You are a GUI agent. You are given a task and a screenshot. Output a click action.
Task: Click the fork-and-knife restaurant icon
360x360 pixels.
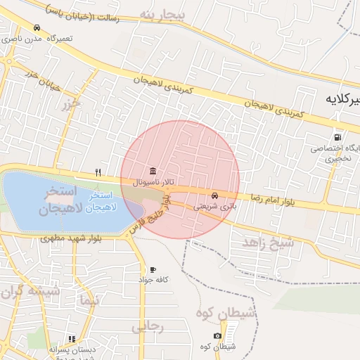[98, 172]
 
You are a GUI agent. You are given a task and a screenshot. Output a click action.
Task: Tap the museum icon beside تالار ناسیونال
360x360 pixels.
[153, 172]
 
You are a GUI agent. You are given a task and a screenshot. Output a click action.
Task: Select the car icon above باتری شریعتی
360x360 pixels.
[214, 195]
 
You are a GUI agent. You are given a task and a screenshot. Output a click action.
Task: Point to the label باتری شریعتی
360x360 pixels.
[214, 207]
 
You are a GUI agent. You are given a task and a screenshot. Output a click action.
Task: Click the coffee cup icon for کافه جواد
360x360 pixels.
[153, 270]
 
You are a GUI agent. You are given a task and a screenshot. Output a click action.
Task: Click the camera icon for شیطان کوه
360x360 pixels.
[218, 336]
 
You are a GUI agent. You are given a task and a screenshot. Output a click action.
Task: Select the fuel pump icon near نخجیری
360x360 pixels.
[337, 137]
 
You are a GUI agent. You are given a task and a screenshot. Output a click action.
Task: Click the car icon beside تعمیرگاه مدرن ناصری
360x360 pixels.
[37, 28]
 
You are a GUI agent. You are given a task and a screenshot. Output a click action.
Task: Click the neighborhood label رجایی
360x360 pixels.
[147, 326]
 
